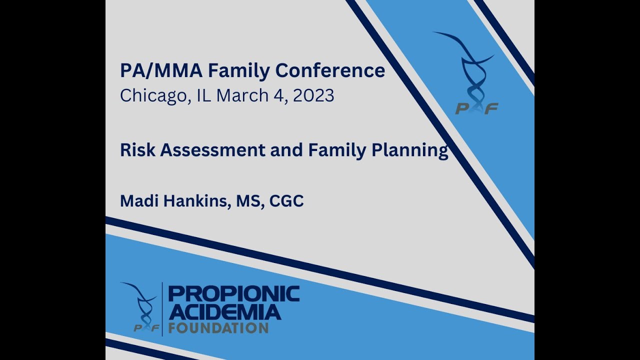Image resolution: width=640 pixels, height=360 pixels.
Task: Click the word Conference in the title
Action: pyautogui.click(x=330, y=70)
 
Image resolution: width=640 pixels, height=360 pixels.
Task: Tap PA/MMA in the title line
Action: pyautogui.click(x=161, y=70)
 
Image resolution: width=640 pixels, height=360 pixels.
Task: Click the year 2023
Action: pyautogui.click(x=313, y=95)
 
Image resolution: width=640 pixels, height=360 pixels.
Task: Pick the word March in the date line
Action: pyautogui.click(x=242, y=95)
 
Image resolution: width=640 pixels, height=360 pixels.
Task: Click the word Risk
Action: pyautogui.click(x=137, y=150)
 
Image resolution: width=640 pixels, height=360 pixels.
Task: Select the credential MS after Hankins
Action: pyautogui.click(x=246, y=201)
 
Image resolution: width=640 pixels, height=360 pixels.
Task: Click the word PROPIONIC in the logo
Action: pyautogui.click(x=234, y=294)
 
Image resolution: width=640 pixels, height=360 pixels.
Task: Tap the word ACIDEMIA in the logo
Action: pyautogui.click(x=224, y=312)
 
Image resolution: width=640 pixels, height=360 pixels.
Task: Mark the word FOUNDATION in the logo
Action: pyautogui.click(x=218, y=328)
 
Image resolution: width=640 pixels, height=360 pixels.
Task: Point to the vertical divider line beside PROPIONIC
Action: pyautogui.click(x=162, y=309)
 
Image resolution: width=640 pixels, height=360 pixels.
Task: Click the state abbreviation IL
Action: pyautogui.click(x=204, y=95)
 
